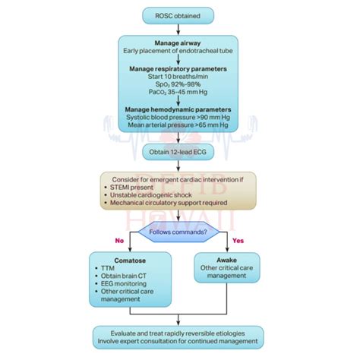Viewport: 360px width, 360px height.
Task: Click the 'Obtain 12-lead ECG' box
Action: [180, 153]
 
